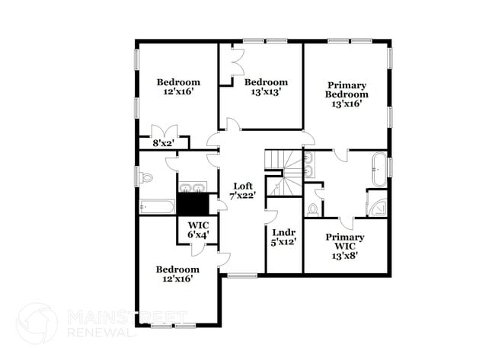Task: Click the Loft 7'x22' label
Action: pyautogui.click(x=244, y=190)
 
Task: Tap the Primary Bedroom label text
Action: pyautogui.click(x=347, y=94)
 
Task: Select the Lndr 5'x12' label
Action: pyautogui.click(x=283, y=236)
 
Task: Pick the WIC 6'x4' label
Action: pyautogui.click(x=200, y=230)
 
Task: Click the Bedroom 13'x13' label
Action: pyautogui.click(x=266, y=86)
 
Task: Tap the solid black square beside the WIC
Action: pyautogui.click(x=193, y=204)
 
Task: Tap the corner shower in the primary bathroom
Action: pyautogui.click(x=377, y=202)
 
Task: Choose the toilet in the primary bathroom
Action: pyautogui.click(x=313, y=207)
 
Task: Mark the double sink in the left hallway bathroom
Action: pyautogui.click(x=193, y=186)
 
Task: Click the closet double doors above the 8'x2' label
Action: pyautogui.click(x=164, y=129)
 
